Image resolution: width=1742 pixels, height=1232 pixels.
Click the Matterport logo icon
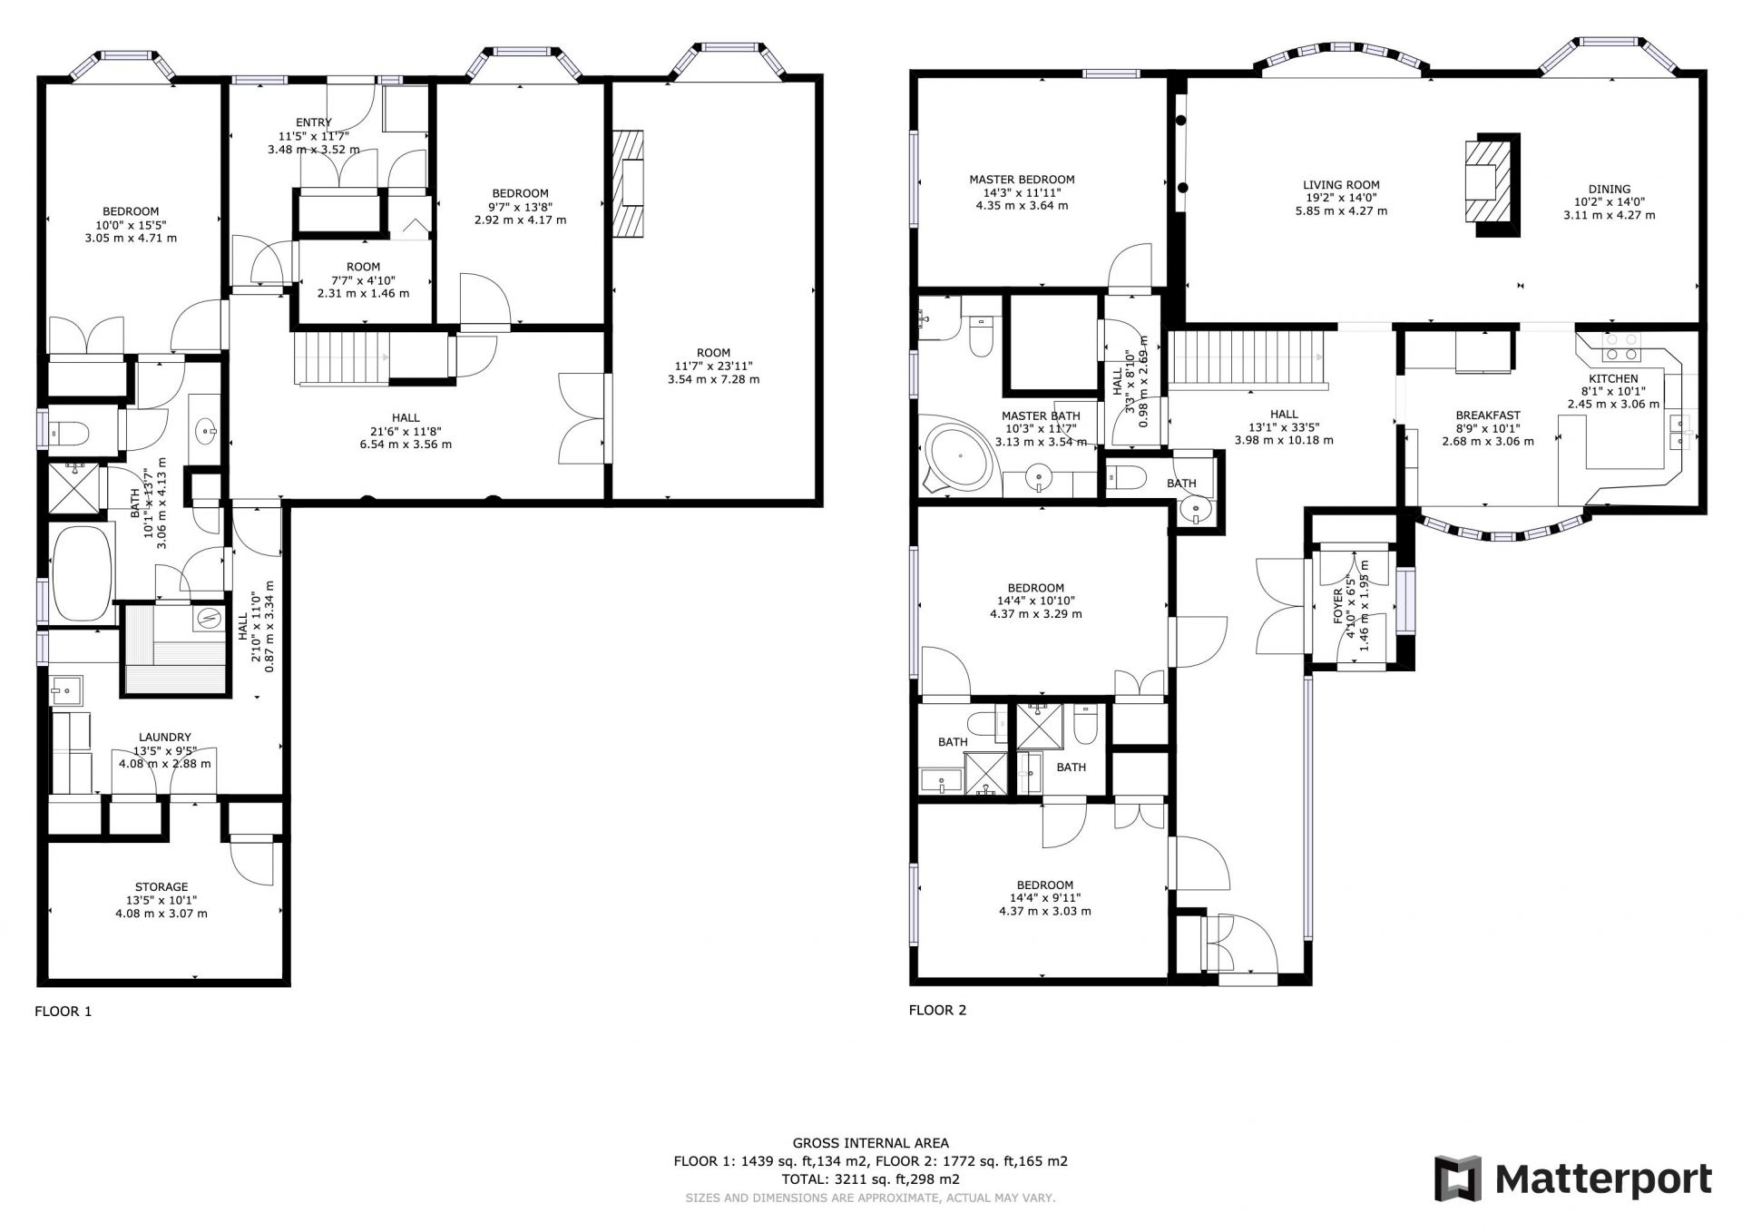(1458, 1178)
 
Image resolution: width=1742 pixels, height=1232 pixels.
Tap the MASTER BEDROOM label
(1022, 180)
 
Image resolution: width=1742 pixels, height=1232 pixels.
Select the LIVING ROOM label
(1341, 185)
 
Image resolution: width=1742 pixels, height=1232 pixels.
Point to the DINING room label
(1610, 190)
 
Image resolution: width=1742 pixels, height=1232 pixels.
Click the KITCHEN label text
(1613, 378)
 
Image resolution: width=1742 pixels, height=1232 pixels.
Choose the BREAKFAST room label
(1488, 416)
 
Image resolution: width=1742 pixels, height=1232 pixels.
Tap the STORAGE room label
(161, 886)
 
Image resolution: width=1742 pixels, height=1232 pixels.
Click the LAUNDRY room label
(165, 738)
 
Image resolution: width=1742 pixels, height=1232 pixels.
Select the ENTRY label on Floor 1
(314, 122)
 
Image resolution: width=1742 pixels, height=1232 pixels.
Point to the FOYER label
(1338, 604)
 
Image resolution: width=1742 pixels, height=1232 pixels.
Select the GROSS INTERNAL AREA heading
(870, 1143)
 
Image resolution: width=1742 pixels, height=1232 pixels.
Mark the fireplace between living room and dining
(1491, 185)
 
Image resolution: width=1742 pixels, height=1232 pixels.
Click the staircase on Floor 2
(1248, 358)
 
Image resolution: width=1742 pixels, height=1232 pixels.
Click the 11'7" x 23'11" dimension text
(713, 366)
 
